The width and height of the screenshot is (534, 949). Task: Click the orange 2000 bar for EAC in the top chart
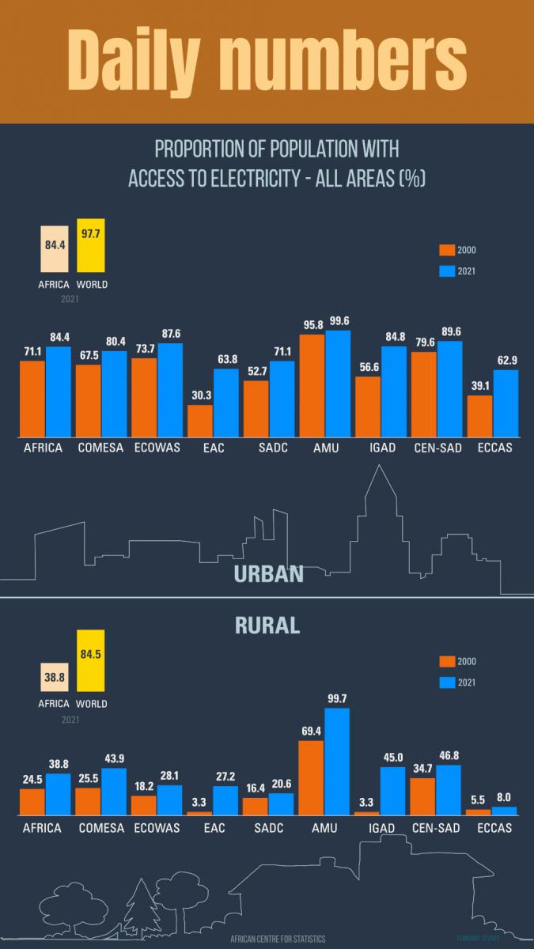tap(200, 421)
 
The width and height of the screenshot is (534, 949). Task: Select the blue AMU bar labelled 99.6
tap(338, 384)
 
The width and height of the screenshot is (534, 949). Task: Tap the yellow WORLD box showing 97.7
tap(91, 246)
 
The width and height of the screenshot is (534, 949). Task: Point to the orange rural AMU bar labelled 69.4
tap(311, 777)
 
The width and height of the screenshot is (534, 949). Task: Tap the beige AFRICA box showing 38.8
tap(55, 677)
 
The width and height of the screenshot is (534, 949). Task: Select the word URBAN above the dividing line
tap(269, 573)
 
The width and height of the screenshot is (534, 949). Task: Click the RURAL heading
tap(267, 626)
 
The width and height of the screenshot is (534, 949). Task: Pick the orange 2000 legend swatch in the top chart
tap(447, 251)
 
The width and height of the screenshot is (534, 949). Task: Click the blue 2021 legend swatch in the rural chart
tap(447, 682)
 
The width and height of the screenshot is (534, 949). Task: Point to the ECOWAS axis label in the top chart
tap(157, 448)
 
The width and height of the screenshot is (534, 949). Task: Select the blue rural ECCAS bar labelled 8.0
tap(505, 811)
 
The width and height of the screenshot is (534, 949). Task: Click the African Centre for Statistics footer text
tap(278, 939)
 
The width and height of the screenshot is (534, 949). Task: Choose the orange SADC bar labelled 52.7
tap(256, 409)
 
